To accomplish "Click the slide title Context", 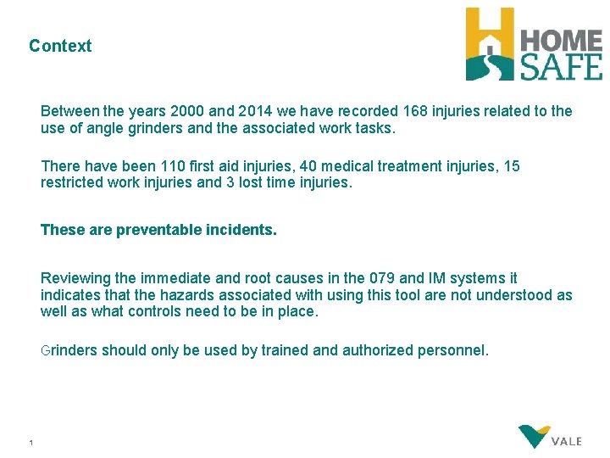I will (x=60, y=46).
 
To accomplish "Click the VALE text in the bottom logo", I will (x=566, y=442).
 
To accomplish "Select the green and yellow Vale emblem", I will (x=534, y=436).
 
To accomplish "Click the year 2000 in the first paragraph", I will (x=188, y=111).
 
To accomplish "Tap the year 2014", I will (x=255, y=111).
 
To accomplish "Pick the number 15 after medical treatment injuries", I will (x=512, y=166).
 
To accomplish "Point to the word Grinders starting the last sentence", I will (x=69, y=350).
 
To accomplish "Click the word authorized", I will (x=378, y=350).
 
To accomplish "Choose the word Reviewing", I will (x=76, y=278).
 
